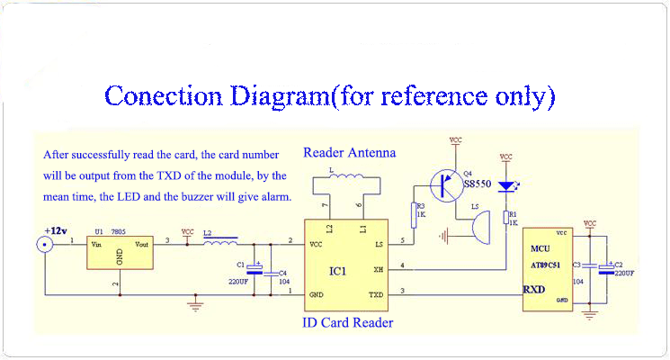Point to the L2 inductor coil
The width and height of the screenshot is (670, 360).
click(220, 241)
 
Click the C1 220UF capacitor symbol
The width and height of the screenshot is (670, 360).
click(255, 268)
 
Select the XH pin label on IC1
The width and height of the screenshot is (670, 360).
click(379, 270)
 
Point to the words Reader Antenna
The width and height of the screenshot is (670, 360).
click(349, 153)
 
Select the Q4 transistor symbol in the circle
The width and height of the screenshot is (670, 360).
click(445, 186)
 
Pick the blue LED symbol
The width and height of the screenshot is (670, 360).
click(505, 186)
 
